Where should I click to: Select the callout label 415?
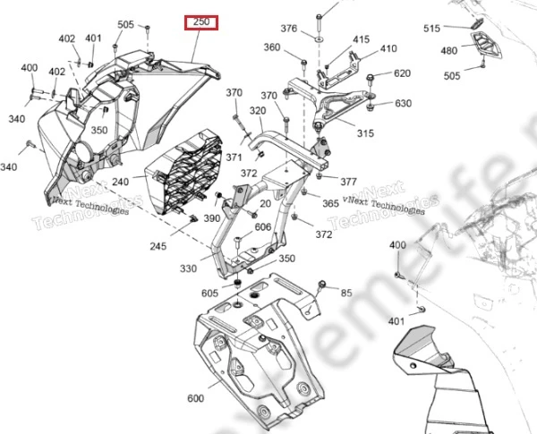[x=361, y=39]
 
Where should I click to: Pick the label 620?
[x=402, y=73]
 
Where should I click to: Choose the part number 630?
[x=403, y=104]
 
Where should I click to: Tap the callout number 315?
[x=365, y=133]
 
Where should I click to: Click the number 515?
[x=432, y=29]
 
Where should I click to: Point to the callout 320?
[x=258, y=111]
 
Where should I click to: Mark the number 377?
[x=348, y=182]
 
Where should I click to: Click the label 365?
[x=330, y=205]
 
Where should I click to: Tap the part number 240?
[x=145, y=181]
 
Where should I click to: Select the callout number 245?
[x=158, y=247]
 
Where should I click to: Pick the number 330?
[x=189, y=268]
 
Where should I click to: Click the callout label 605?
[x=209, y=294]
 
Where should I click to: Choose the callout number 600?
[x=195, y=399]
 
